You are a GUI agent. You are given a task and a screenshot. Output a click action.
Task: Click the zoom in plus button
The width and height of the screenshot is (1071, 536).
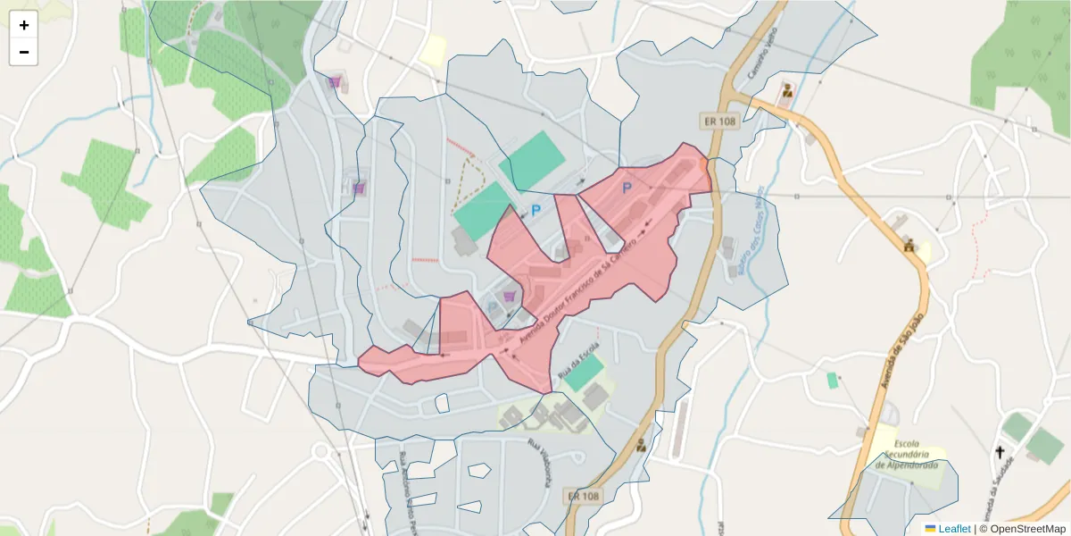pyautogui.click(x=24, y=25)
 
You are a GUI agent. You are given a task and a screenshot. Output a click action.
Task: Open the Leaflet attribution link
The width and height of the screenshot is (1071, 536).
pyautogui.click(x=954, y=529)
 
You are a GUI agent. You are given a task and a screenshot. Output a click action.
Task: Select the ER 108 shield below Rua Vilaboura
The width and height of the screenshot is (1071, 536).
pyautogui.click(x=582, y=496)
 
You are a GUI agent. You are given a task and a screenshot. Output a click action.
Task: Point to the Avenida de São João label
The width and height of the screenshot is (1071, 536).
pyautogui.click(x=902, y=348)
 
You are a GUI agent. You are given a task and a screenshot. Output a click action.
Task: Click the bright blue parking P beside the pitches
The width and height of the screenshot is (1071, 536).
pyautogui.click(x=535, y=211)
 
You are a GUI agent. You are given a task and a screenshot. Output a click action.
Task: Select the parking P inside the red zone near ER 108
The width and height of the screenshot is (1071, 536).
pyautogui.click(x=627, y=188)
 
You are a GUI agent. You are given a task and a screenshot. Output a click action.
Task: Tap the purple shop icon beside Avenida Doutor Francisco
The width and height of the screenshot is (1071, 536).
pyautogui.click(x=509, y=297)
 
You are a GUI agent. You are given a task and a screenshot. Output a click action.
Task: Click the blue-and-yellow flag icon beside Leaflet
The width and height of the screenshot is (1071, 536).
pyautogui.click(x=930, y=529)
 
